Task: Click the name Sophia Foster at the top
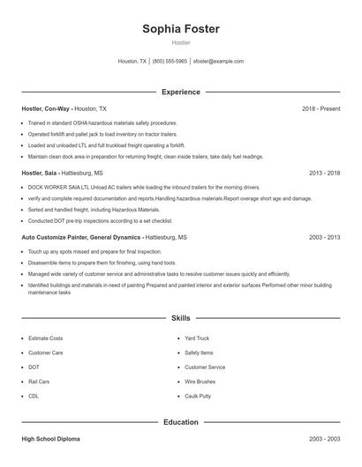[x=181, y=29]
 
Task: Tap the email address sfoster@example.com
[x=218, y=62]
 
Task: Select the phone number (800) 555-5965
[x=170, y=62]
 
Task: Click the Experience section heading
[x=181, y=92]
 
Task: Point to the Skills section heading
[x=181, y=317]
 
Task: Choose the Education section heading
[x=181, y=422]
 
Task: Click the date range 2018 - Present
[x=321, y=108]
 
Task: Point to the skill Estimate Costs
[x=46, y=338]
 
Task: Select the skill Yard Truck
[x=197, y=338]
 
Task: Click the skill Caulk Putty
[x=199, y=397]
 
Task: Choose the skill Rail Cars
[x=40, y=382]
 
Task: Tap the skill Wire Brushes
[x=200, y=382]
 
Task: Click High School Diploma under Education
[x=52, y=438]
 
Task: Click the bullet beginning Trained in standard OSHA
[x=102, y=122]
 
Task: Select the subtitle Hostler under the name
[x=181, y=42]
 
